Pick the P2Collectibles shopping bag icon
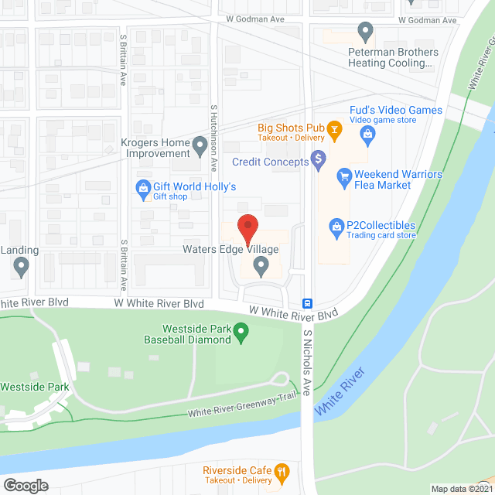tap(336, 226)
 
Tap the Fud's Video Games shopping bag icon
tap(368, 136)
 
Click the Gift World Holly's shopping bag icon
tap(142, 186)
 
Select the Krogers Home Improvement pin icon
tap(200, 144)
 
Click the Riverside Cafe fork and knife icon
tap(283, 470)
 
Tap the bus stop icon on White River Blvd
tap(307, 303)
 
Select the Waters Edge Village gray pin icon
tap(261, 267)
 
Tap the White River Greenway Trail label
tap(241, 408)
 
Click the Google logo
tap(26, 485)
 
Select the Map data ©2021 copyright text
tap(461, 489)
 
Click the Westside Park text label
tap(35, 387)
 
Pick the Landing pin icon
tap(21, 268)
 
